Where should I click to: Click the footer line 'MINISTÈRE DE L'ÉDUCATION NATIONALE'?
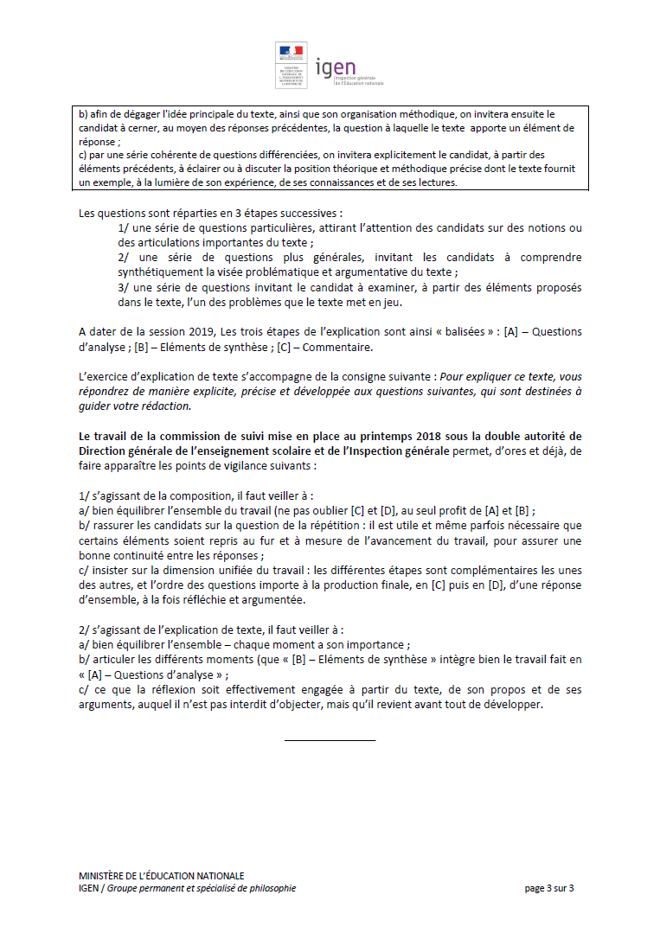(x=161, y=876)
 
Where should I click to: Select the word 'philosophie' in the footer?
(x=272, y=888)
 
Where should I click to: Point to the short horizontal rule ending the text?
(x=330, y=740)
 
